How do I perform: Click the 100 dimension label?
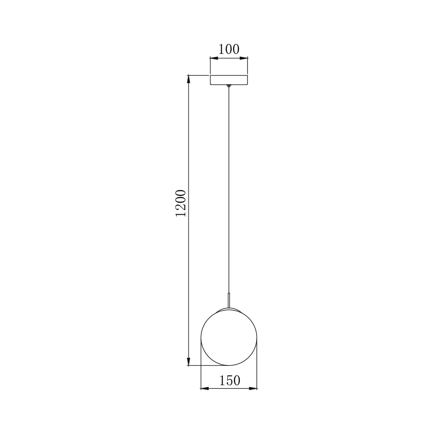point(229,49)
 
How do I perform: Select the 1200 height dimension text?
point(181,203)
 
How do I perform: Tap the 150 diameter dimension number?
point(230,381)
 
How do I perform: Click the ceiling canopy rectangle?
point(229,79)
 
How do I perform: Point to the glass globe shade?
point(229,337)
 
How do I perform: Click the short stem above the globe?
point(229,300)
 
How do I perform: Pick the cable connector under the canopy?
point(229,86)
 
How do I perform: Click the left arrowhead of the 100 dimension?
point(214,58)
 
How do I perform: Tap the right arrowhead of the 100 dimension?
point(244,58)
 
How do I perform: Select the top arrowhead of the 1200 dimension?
point(189,79)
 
